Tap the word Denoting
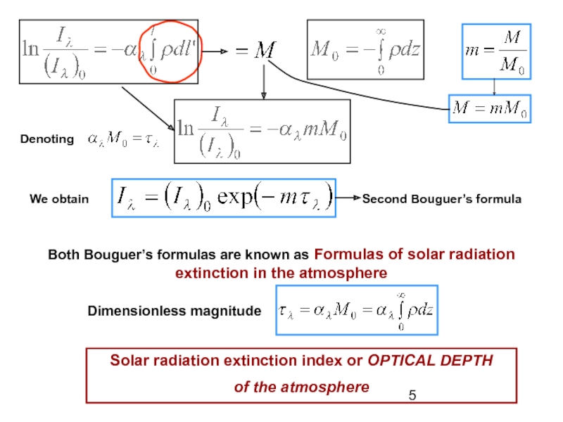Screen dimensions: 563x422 pyautogui.click(x=46, y=139)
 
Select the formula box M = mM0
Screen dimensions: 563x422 pyautogui.click(x=491, y=110)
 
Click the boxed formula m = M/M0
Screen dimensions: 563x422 pyautogui.click(x=495, y=51)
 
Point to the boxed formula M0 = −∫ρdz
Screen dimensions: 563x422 pyautogui.click(x=365, y=50)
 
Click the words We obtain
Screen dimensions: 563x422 pyautogui.click(x=59, y=199)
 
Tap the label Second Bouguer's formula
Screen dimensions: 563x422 pyautogui.click(x=442, y=199)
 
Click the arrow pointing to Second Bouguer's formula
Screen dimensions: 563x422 pyautogui.click(x=348, y=199)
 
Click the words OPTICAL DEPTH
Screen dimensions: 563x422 pyautogui.click(x=431, y=361)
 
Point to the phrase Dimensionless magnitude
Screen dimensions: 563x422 pyautogui.click(x=174, y=310)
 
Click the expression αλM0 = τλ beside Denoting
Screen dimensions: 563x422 pyautogui.click(x=125, y=139)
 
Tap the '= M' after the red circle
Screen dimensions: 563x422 pyautogui.click(x=255, y=51)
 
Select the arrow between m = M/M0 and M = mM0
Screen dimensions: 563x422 pyautogui.click(x=495, y=87)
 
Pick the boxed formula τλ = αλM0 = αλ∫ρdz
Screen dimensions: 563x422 pyautogui.click(x=357, y=310)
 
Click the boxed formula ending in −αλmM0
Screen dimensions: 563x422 pyautogui.click(x=262, y=130)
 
